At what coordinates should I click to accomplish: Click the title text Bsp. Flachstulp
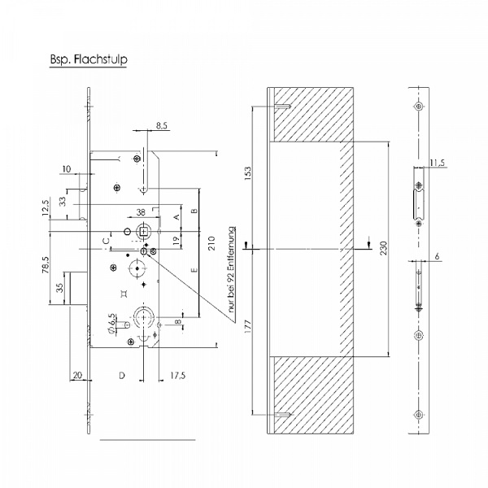(x=89, y=59)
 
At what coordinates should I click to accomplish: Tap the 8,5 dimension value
(x=162, y=126)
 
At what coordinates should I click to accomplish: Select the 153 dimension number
(x=248, y=173)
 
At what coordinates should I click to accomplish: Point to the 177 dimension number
(x=248, y=326)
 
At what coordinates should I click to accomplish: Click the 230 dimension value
(x=384, y=248)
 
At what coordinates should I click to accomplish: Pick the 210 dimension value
(x=211, y=243)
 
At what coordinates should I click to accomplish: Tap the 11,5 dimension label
(x=438, y=163)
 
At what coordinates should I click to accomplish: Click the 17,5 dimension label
(x=177, y=376)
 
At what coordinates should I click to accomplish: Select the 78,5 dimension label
(x=46, y=265)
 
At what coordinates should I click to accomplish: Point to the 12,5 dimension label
(x=46, y=208)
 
